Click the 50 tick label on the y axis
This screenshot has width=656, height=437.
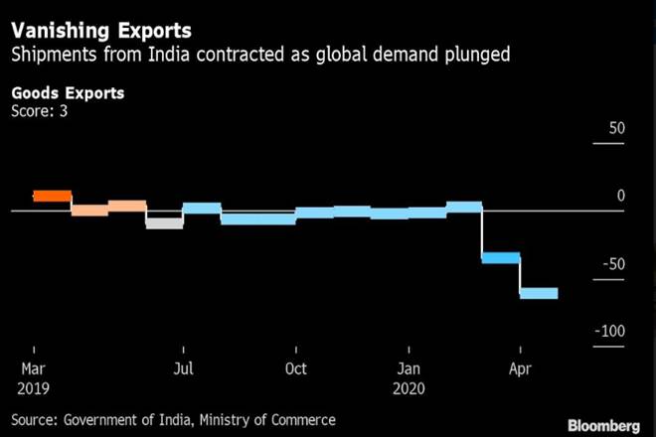(x=616, y=129)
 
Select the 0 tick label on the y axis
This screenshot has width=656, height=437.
(x=620, y=196)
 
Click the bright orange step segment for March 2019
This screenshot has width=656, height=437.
(x=53, y=196)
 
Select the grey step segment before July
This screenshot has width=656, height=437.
(x=164, y=222)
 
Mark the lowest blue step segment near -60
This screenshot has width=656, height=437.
(x=539, y=293)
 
